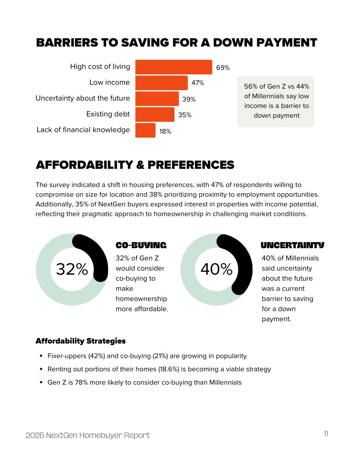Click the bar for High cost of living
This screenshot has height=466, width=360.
174,67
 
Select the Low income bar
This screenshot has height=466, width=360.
162,83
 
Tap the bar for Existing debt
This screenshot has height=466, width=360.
155,114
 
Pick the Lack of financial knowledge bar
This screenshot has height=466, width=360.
145,130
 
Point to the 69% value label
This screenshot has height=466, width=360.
223,68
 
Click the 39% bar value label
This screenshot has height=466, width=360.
189,99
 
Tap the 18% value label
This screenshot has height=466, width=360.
165,131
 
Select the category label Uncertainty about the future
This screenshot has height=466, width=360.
83,98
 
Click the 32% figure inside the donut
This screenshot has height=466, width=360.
72,269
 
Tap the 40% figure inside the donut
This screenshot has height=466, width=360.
216,269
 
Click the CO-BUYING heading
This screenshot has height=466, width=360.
141,245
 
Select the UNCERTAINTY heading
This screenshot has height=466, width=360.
293,245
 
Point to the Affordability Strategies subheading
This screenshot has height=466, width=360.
81,341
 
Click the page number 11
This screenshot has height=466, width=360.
326,434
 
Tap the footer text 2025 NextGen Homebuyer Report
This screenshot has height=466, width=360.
88,435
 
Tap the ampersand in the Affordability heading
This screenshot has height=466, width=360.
140,165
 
